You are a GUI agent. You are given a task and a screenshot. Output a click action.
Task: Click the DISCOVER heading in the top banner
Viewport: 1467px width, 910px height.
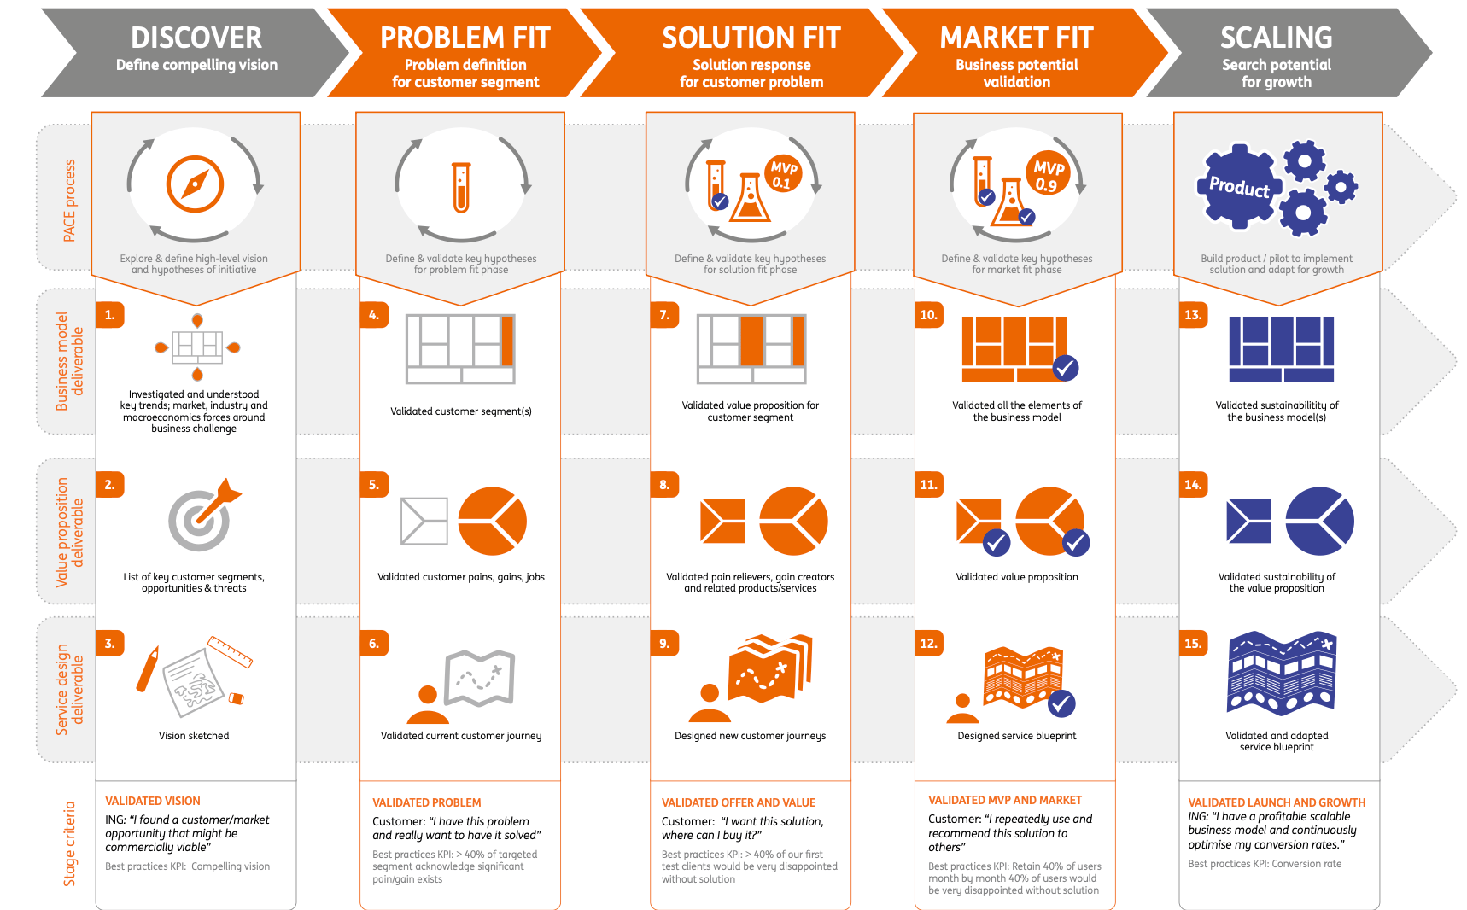click(196, 38)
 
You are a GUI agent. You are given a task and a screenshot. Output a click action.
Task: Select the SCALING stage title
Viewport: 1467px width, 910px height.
click(1276, 38)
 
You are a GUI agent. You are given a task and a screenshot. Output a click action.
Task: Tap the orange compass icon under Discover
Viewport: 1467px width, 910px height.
click(196, 184)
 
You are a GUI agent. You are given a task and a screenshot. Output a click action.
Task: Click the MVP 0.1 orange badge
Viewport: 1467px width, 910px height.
click(783, 174)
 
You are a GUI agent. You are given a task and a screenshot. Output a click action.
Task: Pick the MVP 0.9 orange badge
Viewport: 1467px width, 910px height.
click(1048, 175)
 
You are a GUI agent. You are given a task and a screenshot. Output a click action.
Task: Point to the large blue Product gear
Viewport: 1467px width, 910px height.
click(1239, 187)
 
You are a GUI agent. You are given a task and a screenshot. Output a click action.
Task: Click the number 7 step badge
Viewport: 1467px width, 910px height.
click(664, 315)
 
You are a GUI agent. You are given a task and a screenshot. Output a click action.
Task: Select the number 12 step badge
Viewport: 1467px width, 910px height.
click(929, 644)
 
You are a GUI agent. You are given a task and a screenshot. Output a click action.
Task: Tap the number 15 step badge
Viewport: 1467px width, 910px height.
click(1194, 644)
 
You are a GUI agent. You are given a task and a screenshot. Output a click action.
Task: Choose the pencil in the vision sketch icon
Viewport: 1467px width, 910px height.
click(148, 670)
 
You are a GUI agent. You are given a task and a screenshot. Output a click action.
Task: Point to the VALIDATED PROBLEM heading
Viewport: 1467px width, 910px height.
click(427, 802)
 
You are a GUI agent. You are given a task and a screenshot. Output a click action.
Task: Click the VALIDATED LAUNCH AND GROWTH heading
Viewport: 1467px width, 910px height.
click(1277, 802)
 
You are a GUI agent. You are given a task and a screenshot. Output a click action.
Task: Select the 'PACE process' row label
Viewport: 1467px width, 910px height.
click(69, 201)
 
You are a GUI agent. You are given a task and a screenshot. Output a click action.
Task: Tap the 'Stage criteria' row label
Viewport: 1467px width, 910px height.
click(69, 843)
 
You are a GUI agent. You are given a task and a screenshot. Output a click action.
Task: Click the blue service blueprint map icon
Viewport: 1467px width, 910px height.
click(1281, 673)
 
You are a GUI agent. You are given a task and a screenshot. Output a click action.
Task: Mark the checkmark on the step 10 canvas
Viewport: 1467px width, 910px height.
click(1065, 368)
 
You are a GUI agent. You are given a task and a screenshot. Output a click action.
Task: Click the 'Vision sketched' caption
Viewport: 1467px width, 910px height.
click(194, 736)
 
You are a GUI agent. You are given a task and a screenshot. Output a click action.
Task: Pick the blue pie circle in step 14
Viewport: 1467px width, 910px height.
click(1319, 521)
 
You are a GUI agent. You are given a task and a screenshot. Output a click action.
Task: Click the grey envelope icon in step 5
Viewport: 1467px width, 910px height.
click(424, 521)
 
